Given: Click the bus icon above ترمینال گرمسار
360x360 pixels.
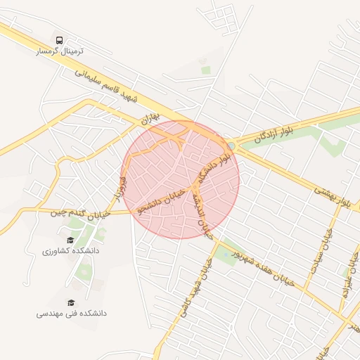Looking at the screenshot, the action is coord(59,41).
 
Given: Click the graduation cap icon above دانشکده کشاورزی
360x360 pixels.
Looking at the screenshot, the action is coord(70,239).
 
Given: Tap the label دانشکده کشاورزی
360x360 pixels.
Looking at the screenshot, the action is coord(70,251).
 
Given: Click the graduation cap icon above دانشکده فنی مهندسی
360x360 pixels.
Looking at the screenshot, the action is coord(70,302).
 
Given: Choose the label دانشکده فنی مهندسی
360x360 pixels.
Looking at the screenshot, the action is coord(72,314).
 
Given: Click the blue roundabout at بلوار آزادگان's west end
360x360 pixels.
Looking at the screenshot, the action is coord(231,146).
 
